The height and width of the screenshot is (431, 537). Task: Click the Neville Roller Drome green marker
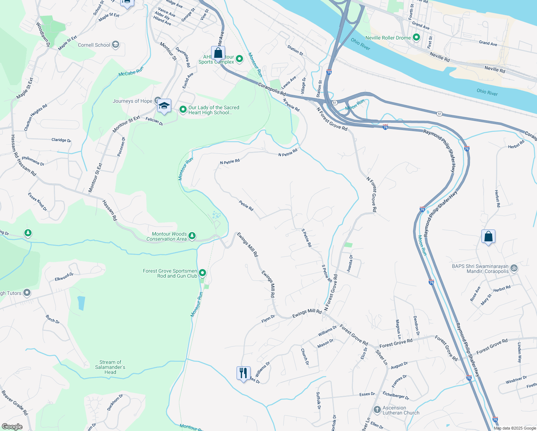tap(416, 37)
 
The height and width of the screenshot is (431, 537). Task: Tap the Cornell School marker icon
tap(115, 45)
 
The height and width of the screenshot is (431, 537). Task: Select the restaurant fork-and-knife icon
tap(243, 373)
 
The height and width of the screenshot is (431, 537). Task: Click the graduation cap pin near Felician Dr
tap(164, 106)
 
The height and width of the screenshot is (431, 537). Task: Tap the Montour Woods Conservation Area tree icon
tap(192, 236)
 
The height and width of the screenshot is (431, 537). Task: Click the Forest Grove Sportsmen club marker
tap(202, 273)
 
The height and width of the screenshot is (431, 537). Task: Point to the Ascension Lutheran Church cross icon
tap(377, 410)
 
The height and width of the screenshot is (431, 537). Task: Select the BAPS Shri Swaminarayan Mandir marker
tap(514, 268)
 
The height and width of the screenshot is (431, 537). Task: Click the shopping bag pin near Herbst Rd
tap(488, 237)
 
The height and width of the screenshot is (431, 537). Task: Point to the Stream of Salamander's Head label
tap(110, 367)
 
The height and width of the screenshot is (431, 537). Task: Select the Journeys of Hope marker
tap(157, 101)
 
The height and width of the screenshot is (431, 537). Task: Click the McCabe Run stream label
tap(131, 71)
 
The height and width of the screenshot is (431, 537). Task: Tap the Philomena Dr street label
tap(33, 161)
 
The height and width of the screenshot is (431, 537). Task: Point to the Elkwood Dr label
tap(64, 277)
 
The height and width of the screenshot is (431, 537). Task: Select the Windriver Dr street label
tap(516, 380)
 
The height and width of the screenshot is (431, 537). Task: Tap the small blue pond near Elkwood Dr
tap(81, 303)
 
